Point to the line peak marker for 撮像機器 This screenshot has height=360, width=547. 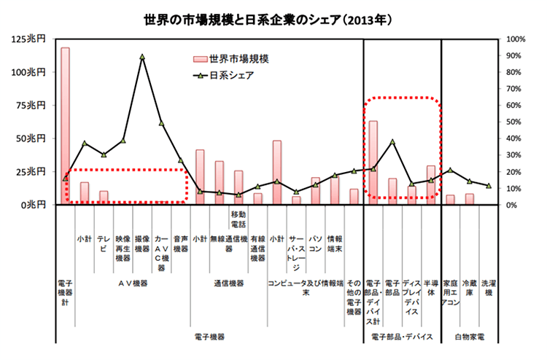pyautogui.click(x=142, y=56)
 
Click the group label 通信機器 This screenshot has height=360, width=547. pyautogui.click(x=228, y=283)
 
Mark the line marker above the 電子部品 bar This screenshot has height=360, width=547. pyautogui.click(x=392, y=141)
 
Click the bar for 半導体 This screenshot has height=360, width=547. pyautogui.click(x=430, y=185)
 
